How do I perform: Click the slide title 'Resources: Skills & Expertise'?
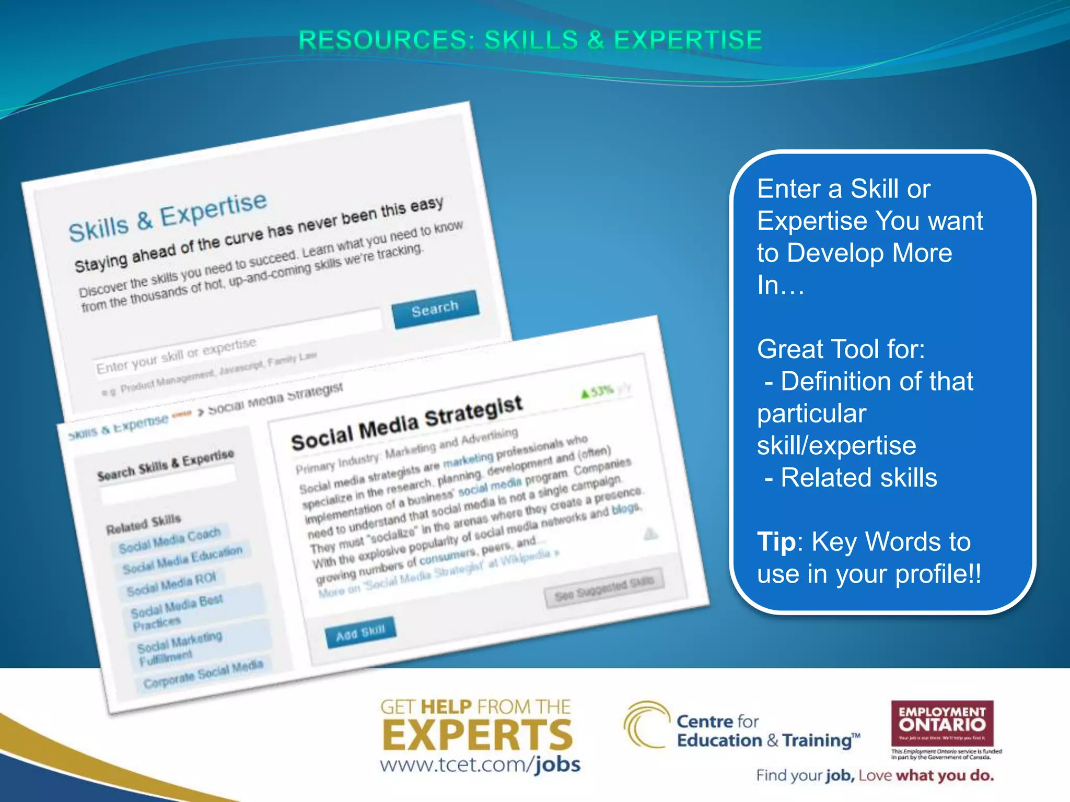(x=530, y=40)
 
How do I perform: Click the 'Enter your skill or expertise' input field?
(x=238, y=339)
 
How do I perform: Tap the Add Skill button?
(x=360, y=632)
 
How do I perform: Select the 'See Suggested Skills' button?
(x=604, y=588)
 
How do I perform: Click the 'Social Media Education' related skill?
(x=182, y=560)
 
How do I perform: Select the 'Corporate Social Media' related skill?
(x=203, y=674)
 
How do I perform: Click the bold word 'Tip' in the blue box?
(x=776, y=541)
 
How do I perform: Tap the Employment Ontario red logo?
(x=942, y=724)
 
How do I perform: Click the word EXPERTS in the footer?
(x=478, y=735)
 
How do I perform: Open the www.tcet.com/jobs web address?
(x=480, y=765)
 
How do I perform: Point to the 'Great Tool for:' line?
(x=841, y=349)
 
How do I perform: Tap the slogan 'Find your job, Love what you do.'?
(x=875, y=775)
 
